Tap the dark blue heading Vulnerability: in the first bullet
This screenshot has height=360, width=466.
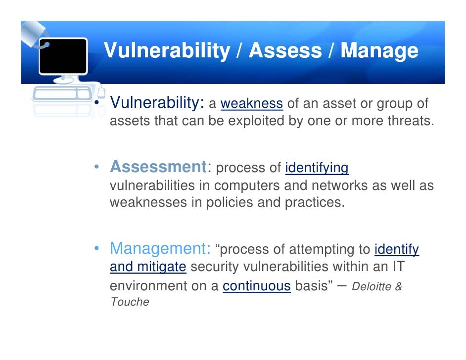[x=157, y=103]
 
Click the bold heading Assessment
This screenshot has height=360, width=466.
[x=158, y=167]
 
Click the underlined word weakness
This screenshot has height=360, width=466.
[x=251, y=104]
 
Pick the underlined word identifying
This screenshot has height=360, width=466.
[x=317, y=168]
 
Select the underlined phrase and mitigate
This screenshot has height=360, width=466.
[x=148, y=267]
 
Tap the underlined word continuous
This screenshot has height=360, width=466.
[x=256, y=286]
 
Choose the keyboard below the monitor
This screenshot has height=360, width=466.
[x=61, y=93]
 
